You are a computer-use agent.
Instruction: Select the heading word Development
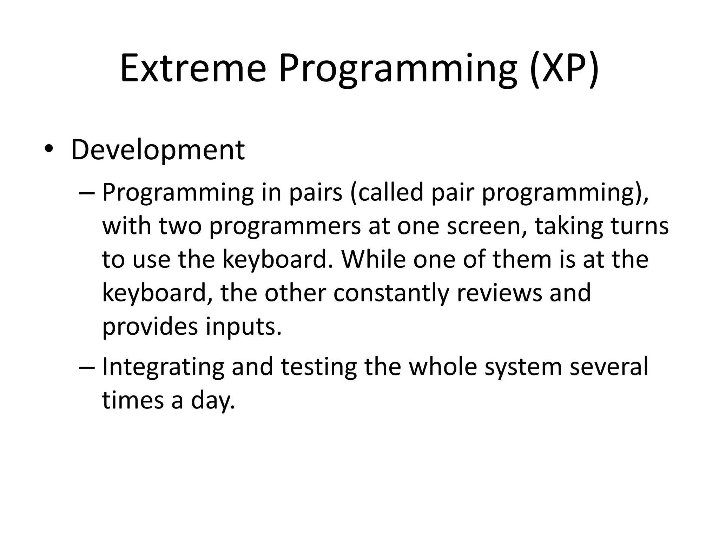(x=158, y=150)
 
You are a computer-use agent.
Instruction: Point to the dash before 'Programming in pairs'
(x=87, y=193)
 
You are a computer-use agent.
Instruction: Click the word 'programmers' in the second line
(x=285, y=226)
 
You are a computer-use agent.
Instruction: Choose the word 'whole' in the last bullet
(x=443, y=367)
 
